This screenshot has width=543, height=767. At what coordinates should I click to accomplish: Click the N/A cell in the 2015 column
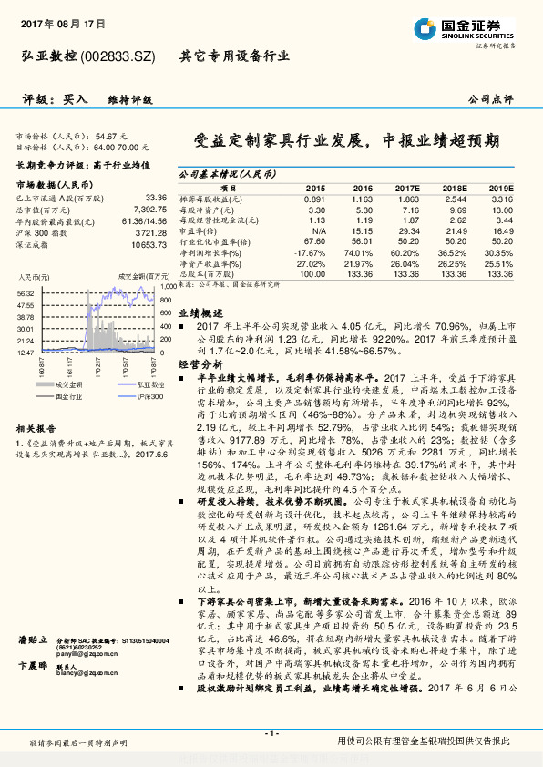point(315,232)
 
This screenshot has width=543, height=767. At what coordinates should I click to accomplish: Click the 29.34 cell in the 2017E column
point(407,232)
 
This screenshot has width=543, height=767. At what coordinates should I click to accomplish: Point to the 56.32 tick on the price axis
point(26,292)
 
